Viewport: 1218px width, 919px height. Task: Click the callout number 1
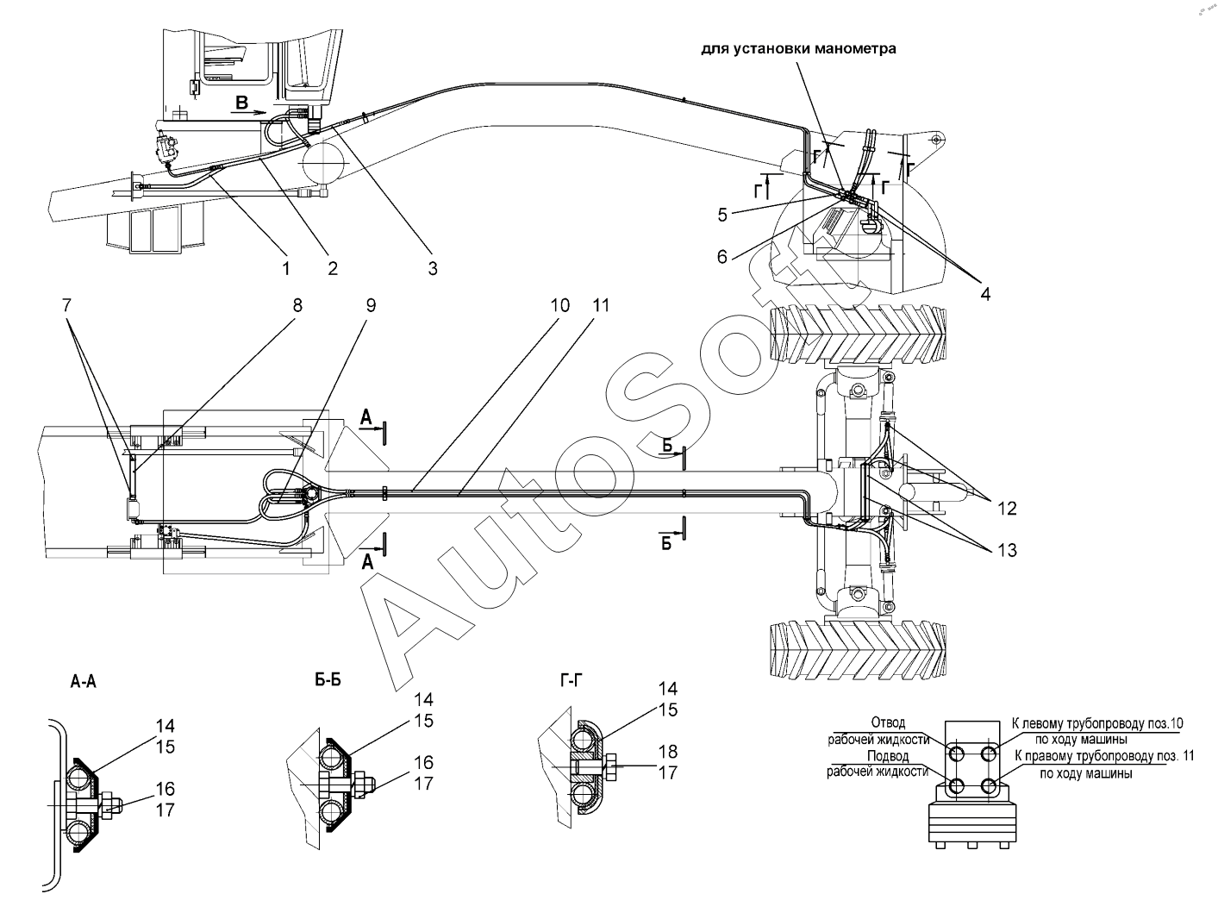point(286,269)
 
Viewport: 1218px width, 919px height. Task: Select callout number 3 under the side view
point(432,269)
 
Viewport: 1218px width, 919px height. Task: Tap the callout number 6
point(721,256)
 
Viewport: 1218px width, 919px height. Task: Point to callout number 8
point(297,305)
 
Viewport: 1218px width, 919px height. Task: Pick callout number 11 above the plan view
point(601,305)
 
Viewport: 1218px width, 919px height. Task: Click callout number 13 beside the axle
point(1007,550)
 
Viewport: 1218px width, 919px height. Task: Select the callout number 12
point(1007,509)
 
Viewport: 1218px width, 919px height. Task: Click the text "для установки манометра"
point(798,49)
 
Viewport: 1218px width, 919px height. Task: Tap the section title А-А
point(84,681)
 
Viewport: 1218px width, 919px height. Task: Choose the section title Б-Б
point(328,679)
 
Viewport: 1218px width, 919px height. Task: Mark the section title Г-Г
point(571,679)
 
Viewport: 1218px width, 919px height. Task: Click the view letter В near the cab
point(241,103)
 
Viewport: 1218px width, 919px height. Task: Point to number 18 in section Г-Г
point(668,752)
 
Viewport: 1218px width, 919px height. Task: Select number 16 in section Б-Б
point(424,762)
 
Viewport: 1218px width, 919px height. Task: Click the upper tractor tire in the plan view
point(858,334)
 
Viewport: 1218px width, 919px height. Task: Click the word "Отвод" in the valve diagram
point(888,723)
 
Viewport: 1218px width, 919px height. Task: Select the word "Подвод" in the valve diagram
point(888,756)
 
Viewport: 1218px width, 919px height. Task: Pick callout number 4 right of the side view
point(985,294)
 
